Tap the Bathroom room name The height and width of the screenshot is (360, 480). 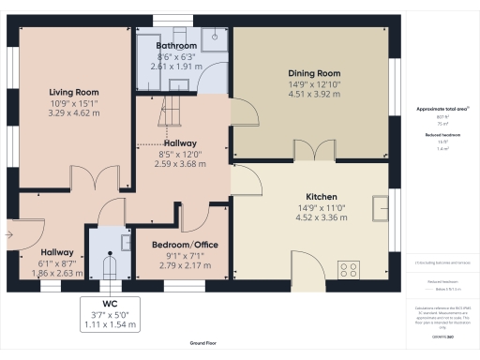tap(176, 45)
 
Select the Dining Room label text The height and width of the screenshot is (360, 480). tap(313, 72)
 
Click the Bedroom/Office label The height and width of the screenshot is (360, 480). tap(185, 245)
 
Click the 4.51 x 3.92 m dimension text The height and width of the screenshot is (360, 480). tap(313, 93)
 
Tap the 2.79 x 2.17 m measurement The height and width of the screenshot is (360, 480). tap(185, 265)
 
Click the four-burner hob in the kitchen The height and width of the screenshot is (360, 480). tap(349, 271)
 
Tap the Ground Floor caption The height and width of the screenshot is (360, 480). tap(201, 344)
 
